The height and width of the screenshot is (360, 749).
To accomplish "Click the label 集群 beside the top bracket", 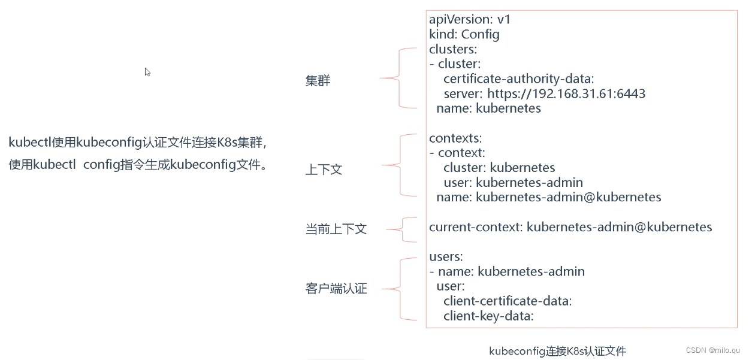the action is pos(318,81).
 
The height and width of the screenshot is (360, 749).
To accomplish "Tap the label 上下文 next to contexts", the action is pos(324,170).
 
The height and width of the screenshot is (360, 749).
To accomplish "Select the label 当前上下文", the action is pos(336,229).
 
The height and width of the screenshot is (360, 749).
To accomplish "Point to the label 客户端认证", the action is pos(336,289).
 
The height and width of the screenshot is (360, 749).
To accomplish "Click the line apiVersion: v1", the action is pos(470,20).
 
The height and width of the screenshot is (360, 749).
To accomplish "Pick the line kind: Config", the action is pos(464,34).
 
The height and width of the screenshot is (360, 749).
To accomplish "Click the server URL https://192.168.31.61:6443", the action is pos(566,93).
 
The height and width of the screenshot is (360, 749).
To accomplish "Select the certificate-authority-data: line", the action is pos(518,79).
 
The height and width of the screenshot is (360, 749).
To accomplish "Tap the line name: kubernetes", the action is pos(488,108).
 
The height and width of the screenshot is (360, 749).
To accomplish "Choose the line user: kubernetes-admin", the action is pos(513,182).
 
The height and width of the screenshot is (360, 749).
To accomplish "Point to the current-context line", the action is pos(570,227).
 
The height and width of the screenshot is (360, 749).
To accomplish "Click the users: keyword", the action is pos(446,257).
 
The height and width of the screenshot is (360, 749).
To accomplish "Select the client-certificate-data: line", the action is pos(508,301).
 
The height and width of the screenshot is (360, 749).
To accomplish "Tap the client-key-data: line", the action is pos(488,315).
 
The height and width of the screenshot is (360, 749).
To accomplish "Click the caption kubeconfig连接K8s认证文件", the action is pos(557,351).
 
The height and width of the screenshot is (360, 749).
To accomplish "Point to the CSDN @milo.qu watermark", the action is pos(712,350).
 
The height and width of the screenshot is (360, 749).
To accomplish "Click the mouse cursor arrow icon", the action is pos(147,72).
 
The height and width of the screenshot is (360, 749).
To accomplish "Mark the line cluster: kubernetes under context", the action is pos(499,168).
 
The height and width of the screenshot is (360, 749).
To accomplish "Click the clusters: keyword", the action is pos(453,49).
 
